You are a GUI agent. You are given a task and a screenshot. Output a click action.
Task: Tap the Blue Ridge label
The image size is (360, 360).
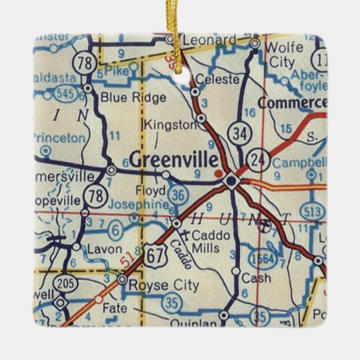tap(133, 98)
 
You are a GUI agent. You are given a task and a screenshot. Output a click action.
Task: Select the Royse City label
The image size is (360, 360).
tap(163, 286)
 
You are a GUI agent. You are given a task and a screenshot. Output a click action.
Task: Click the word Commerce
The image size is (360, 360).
tap(292, 103)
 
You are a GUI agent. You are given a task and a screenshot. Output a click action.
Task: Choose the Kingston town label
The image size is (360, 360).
tap(170, 125)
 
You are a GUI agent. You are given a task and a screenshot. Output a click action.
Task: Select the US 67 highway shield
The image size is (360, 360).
tap(153, 256)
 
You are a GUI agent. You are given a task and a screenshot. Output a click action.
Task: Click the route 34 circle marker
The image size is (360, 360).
tap(241, 134)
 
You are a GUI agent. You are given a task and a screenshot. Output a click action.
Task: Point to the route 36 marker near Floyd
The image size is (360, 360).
tap(178, 193)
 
